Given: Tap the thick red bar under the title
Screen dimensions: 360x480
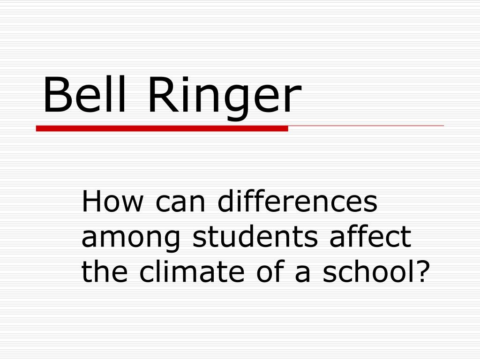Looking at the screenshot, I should click(162, 128).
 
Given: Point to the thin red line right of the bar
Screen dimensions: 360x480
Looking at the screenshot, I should click(366, 126).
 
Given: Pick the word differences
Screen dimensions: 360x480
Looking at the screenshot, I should click(297, 202).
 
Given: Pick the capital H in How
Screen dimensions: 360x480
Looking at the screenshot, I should click(90, 202).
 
